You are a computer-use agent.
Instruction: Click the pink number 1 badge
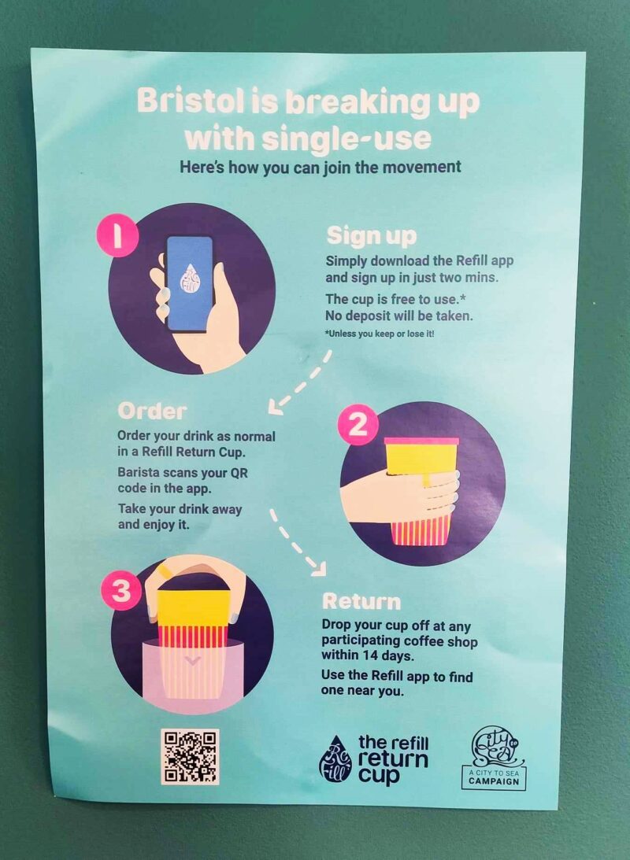coord(117,236)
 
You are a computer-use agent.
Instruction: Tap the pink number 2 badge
coord(358,425)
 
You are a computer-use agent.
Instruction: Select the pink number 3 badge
coord(121,591)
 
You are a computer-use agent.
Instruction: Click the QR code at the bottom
coord(190,756)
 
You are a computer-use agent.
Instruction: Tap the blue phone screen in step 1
coord(189,283)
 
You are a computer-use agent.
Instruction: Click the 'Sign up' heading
coord(372,236)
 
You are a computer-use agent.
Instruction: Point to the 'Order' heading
coord(152,411)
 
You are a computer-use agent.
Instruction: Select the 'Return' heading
coord(361,602)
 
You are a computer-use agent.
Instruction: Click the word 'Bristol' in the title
coord(190,102)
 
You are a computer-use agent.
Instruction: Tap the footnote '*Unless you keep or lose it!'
coord(380,334)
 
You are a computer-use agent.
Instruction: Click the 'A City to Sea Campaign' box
coord(494,777)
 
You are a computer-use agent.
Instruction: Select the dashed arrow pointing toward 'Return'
coord(297,543)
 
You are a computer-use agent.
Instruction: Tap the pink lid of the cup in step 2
coord(421,441)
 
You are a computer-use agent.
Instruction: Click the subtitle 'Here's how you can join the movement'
coord(321,167)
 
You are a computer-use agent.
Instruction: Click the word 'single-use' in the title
coord(346,138)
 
